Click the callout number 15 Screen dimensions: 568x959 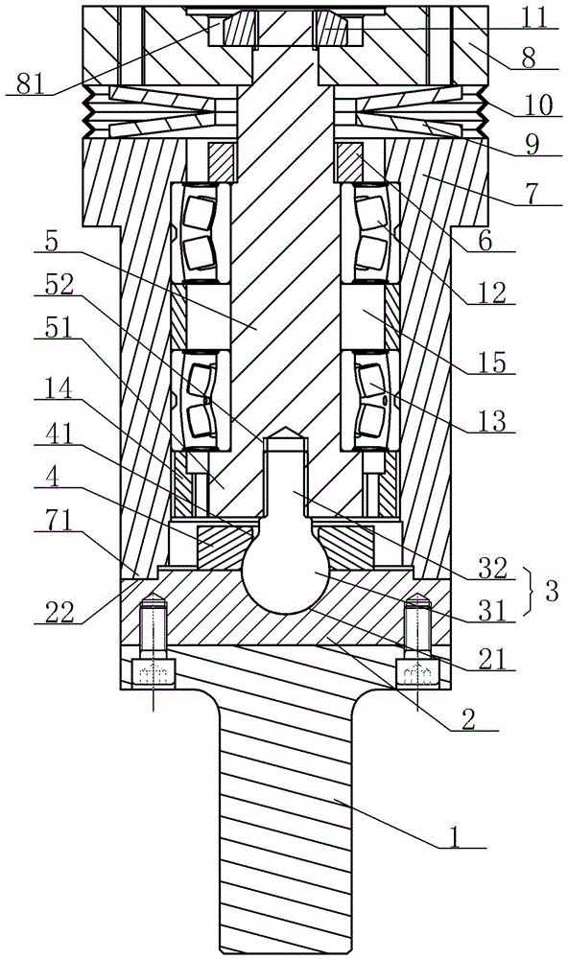(493, 363)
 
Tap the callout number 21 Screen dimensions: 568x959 (493, 659)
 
